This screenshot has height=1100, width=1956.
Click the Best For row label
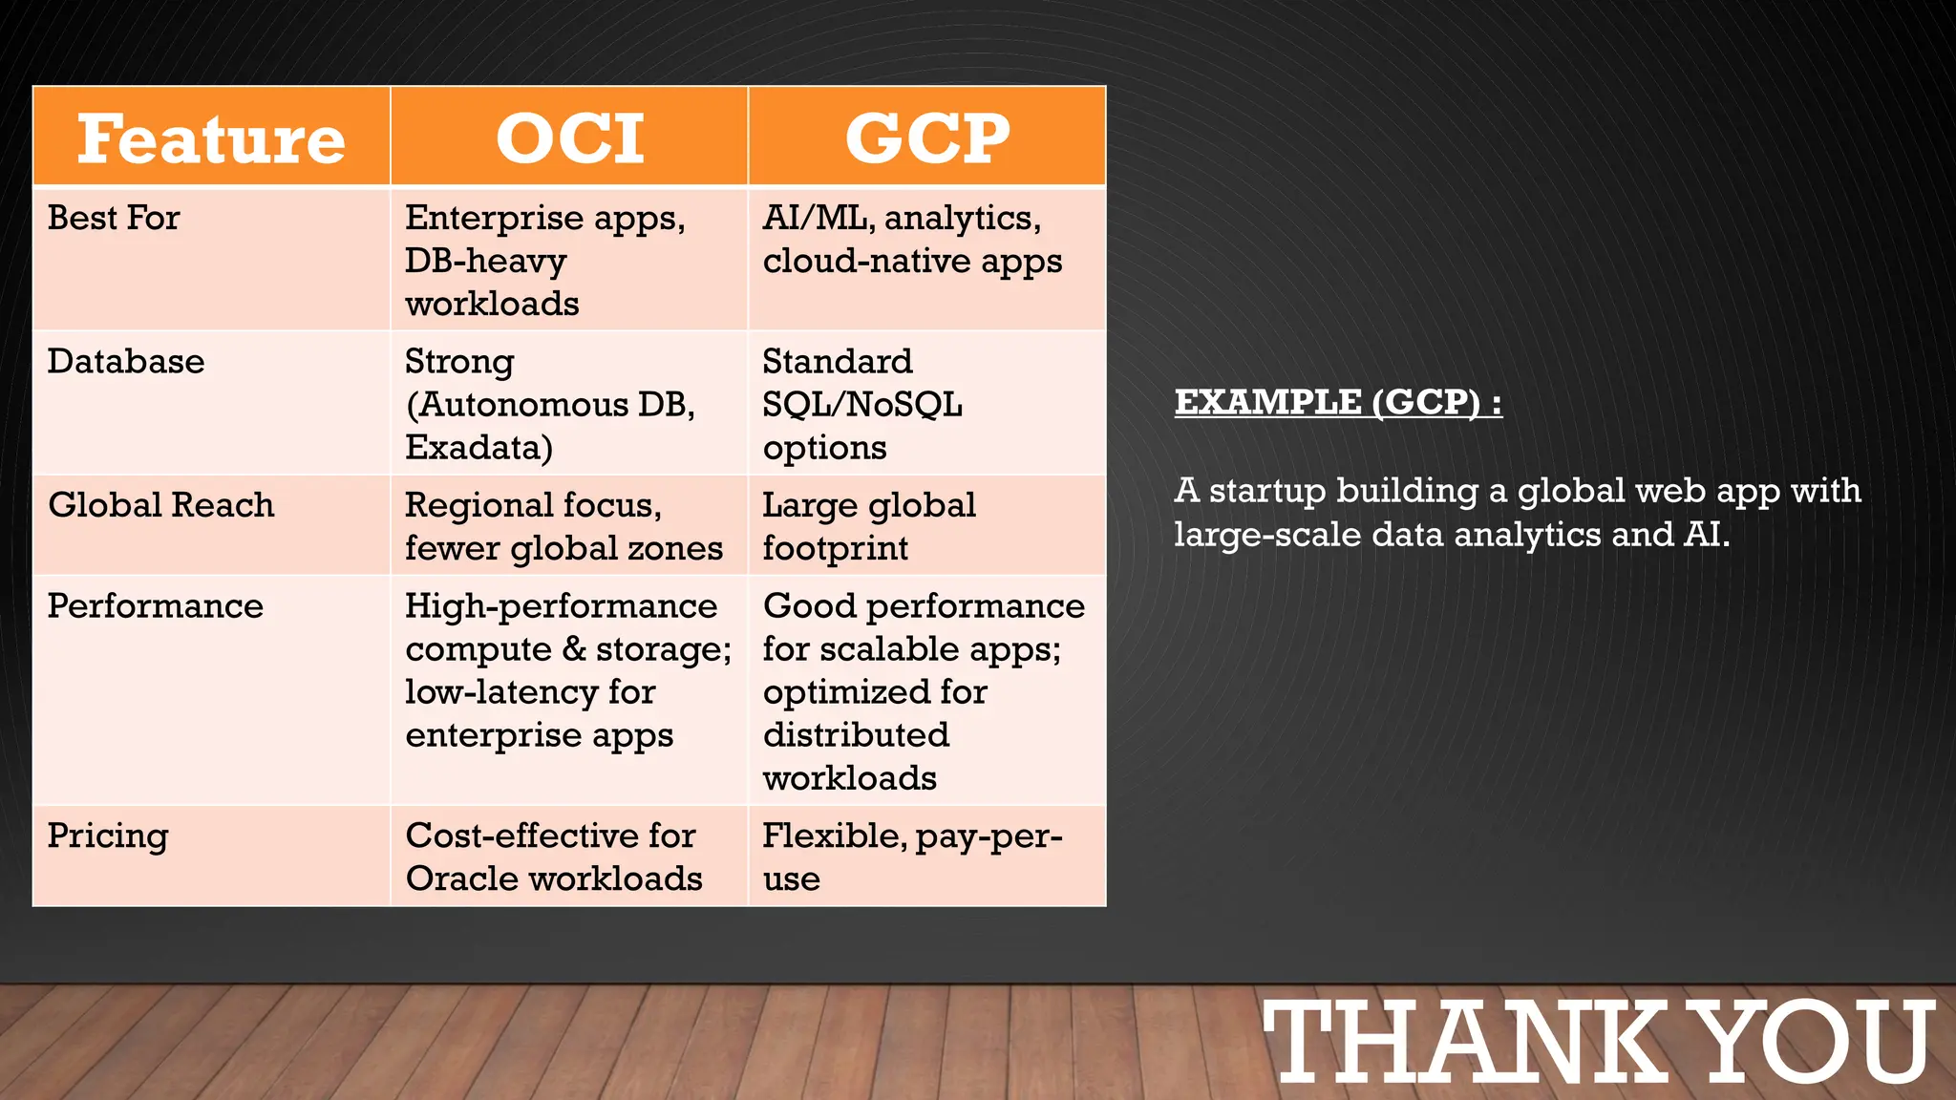point(114,218)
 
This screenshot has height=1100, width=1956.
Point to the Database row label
point(126,361)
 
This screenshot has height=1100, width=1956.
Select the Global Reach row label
point(161,504)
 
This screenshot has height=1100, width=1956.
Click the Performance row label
point(156,605)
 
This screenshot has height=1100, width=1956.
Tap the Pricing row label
point(108,836)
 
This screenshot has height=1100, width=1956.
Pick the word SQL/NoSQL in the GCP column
point(861,405)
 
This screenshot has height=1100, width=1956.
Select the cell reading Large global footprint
point(867,526)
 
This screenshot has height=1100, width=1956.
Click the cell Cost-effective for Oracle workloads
point(554,857)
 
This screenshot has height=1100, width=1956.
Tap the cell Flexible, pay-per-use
point(911,857)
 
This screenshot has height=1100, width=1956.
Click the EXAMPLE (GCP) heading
point(1337,401)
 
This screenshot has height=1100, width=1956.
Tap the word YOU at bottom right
point(1818,1042)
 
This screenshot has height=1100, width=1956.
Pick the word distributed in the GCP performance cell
point(856,735)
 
